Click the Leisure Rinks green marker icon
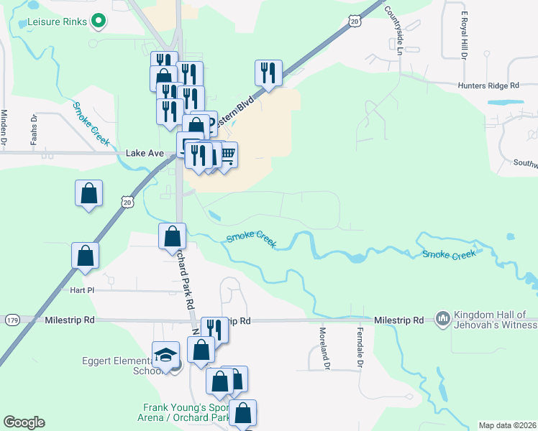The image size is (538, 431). point(99,22)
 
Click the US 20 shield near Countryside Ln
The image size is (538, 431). point(355,22)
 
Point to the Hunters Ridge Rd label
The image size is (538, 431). point(489,85)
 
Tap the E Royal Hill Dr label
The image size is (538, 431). point(464,35)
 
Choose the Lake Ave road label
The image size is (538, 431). point(145,153)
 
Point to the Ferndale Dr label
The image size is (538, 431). point(358,348)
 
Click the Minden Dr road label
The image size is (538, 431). point(4,128)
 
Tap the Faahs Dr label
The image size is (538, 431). point(34,130)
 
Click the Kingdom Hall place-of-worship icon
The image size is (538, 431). point(442,318)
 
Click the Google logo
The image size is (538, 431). point(24,422)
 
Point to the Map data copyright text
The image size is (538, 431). point(508,425)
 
